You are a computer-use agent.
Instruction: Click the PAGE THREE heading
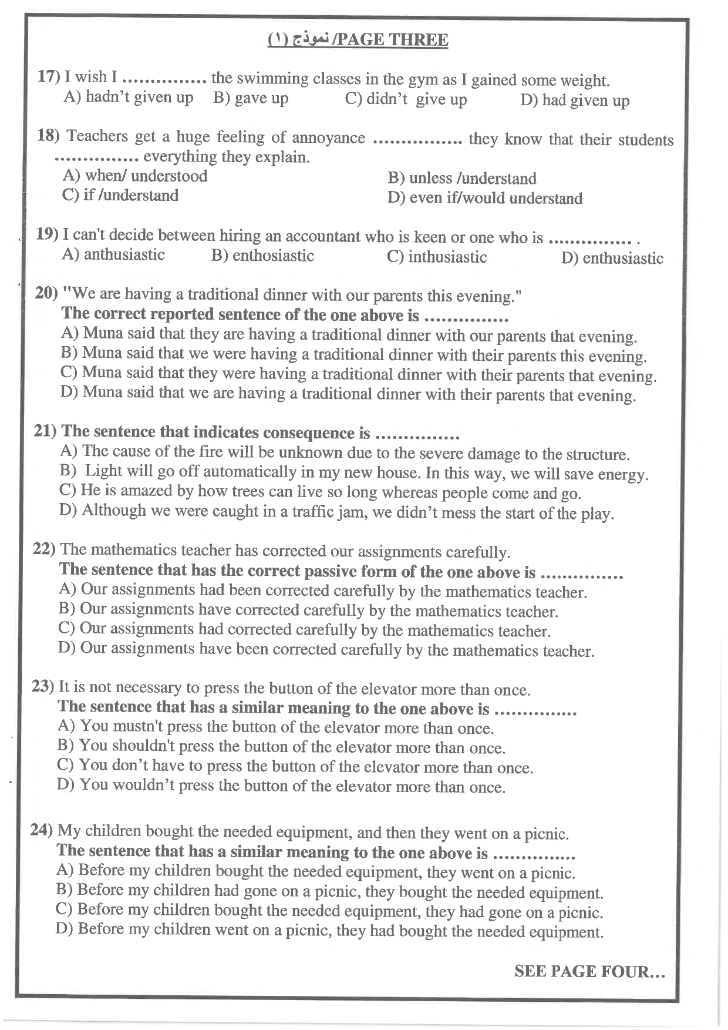click(390, 40)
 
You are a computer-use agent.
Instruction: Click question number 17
click(49, 76)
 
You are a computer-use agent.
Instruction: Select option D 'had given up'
click(575, 100)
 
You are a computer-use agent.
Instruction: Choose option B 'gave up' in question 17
click(251, 98)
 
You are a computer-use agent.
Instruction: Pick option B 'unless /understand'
click(462, 178)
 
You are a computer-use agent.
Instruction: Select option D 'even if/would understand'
click(485, 198)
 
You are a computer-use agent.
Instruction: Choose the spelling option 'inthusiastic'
click(437, 257)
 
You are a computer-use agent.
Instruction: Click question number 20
click(46, 293)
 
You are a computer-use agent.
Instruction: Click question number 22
click(44, 549)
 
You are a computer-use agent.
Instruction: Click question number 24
click(42, 830)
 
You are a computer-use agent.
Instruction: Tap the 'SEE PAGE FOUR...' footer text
click(589, 971)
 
